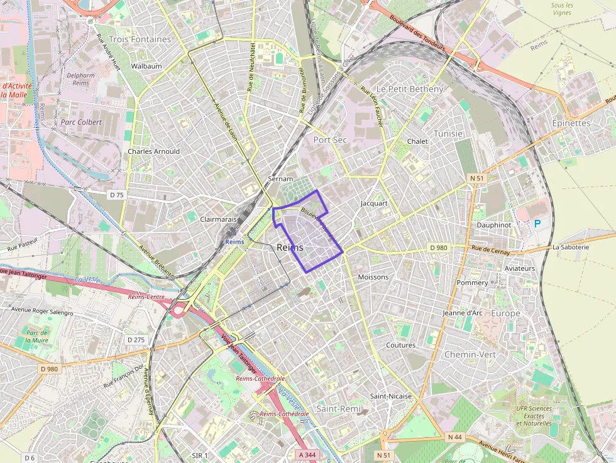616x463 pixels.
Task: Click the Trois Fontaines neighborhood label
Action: (140, 39)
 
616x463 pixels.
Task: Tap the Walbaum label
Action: (146, 66)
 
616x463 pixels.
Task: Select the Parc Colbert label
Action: (81, 122)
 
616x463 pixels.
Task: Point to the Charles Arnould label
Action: (153, 151)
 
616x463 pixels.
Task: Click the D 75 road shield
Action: (117, 195)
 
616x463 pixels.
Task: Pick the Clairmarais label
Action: (217, 219)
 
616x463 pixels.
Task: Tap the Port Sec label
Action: (330, 139)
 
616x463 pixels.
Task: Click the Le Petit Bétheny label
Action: (410, 89)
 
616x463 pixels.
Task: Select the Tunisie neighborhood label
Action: (448, 134)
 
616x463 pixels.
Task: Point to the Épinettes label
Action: (571, 123)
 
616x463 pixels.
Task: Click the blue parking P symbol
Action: (537, 223)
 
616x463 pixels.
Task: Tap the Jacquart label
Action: (374, 204)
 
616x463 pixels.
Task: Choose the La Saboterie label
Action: (571, 247)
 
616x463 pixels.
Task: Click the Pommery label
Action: (472, 283)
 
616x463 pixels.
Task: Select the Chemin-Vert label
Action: (470, 354)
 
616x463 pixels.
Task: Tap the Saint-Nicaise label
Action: (390, 396)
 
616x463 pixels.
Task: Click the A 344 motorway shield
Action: (308, 454)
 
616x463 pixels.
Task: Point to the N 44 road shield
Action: (455, 437)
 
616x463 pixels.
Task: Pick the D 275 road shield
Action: (136, 340)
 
